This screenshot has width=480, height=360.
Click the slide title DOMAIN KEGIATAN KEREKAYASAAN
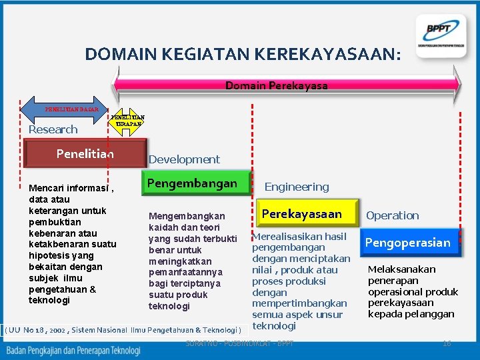(x=243, y=53)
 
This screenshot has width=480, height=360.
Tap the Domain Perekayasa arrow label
(x=277, y=86)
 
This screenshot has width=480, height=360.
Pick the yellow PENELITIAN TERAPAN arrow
(x=127, y=121)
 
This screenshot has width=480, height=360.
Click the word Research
(x=53, y=129)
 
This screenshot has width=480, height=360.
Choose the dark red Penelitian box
(x=85, y=154)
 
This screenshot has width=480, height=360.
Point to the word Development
(x=184, y=159)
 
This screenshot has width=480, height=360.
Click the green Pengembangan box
(x=192, y=183)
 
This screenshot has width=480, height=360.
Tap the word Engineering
(x=297, y=187)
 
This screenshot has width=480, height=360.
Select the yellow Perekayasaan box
(x=302, y=214)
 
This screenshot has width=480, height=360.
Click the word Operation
(x=393, y=215)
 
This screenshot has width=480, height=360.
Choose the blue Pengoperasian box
(x=407, y=243)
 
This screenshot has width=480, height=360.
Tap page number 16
(x=447, y=343)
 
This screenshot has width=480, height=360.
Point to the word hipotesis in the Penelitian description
(x=50, y=255)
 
